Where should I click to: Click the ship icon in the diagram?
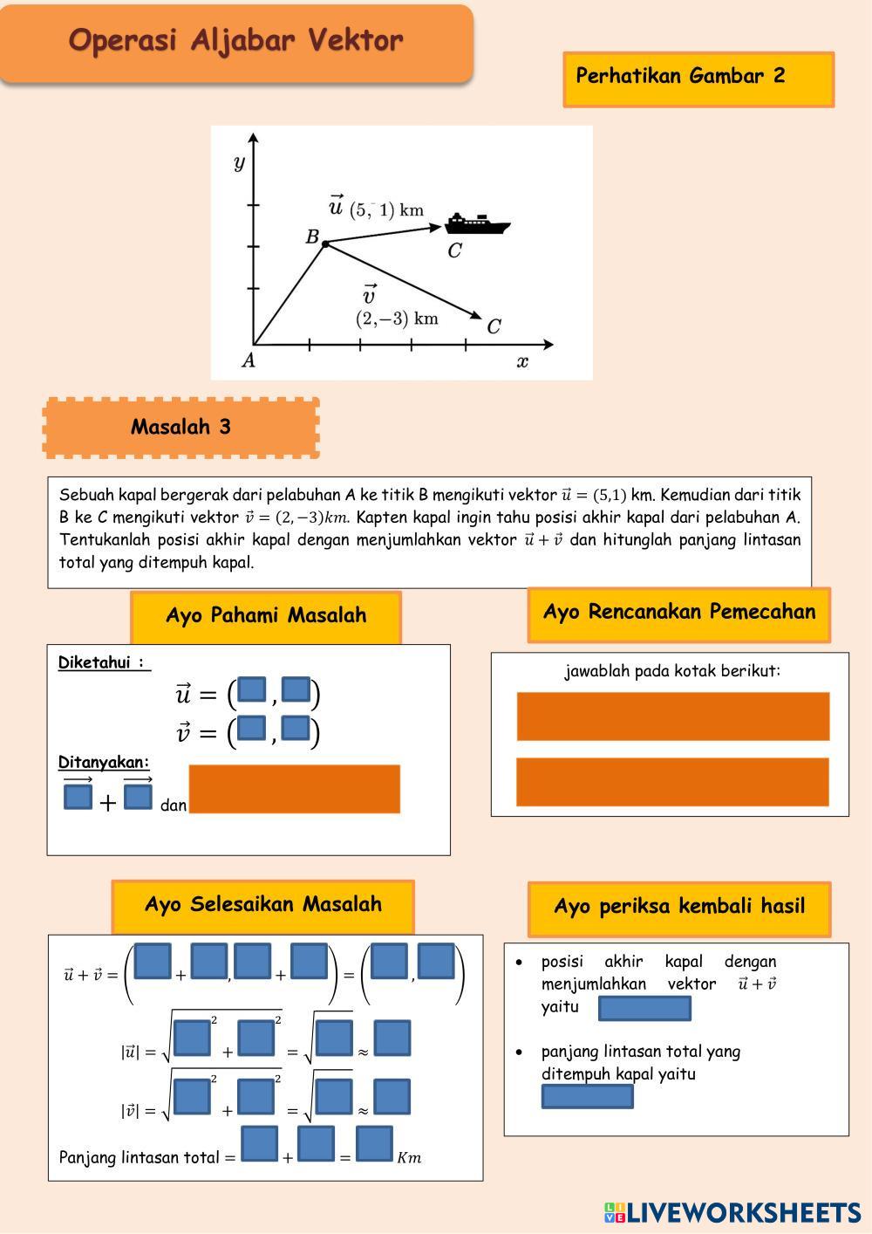coord(476,223)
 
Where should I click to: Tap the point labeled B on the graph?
coord(325,244)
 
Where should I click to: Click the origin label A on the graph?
coord(249,360)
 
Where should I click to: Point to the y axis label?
coord(239,162)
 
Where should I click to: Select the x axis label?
coord(522,361)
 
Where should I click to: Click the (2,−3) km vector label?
coord(397,319)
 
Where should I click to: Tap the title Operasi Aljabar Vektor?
coord(235,41)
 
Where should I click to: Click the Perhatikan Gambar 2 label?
coord(680,76)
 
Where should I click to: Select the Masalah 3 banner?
coord(181,427)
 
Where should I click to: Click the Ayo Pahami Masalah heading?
coord(266,615)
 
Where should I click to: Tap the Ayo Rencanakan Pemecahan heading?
coord(678,612)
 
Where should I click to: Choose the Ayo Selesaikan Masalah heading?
coord(262,904)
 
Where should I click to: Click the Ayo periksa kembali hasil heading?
coord(678,907)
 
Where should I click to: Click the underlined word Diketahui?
coord(102,662)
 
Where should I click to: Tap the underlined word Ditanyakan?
coord(104,762)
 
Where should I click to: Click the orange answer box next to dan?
coord(294,789)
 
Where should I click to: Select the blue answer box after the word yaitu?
coord(644,1008)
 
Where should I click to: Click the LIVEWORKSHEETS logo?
coord(732,1212)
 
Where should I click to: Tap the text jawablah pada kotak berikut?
coord(671,671)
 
